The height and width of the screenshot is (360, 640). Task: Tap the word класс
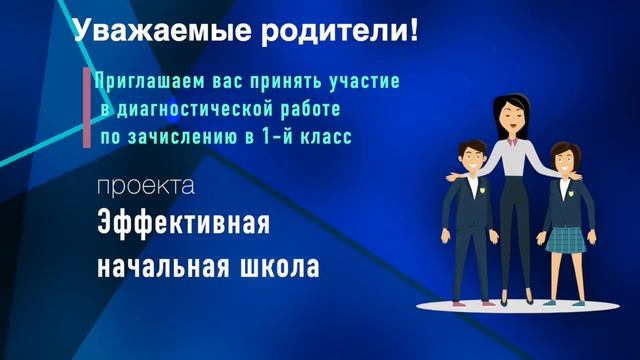coord(328,136)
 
